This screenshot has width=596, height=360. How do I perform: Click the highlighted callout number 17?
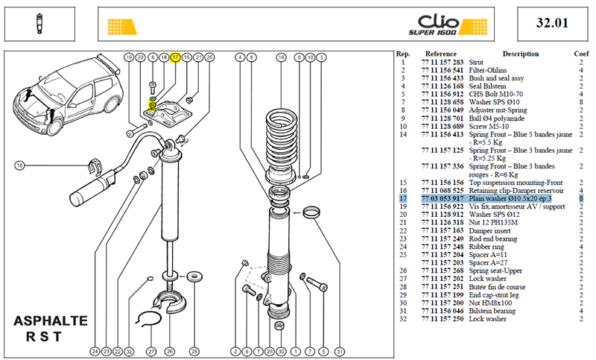pos(175,57)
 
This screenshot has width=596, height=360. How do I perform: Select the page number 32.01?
pos(552,23)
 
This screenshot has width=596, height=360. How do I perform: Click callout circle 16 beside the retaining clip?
pos(19,165)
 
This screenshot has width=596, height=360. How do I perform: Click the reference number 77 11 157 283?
pos(443,63)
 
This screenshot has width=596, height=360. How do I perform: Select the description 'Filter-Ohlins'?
pos(488,70)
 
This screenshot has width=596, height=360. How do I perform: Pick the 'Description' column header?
pos(520,54)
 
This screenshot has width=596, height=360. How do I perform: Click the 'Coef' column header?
pos(581,54)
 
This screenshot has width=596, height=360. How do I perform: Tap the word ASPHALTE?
pos(51,320)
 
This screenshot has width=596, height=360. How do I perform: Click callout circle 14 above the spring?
pos(281,57)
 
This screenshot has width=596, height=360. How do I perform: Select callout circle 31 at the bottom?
pos(339,352)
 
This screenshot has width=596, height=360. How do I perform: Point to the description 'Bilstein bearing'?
pos(492,311)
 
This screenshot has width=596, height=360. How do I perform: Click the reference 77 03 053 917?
pos(443,198)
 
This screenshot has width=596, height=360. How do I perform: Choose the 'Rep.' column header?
pos(403,54)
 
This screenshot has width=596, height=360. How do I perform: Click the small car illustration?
pos(69,95)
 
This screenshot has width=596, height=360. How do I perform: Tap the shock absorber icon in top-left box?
pos(39,24)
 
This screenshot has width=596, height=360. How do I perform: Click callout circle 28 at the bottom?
pos(194,352)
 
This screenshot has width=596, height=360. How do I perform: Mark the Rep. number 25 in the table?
pos(403,255)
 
